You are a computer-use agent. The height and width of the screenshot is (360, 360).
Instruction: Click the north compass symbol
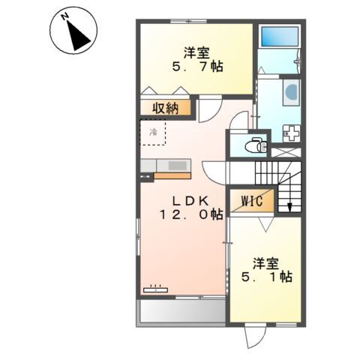point(73,31)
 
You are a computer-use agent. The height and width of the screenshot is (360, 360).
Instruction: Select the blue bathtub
point(278,37)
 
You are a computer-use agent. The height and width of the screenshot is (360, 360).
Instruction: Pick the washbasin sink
point(291,93)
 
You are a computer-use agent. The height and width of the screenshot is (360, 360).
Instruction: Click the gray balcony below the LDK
point(180,310)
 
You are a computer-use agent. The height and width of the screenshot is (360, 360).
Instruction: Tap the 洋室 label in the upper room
point(196,52)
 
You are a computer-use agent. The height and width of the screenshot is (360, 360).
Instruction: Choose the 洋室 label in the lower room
point(265,262)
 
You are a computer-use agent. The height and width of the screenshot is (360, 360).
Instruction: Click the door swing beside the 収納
point(208,111)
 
